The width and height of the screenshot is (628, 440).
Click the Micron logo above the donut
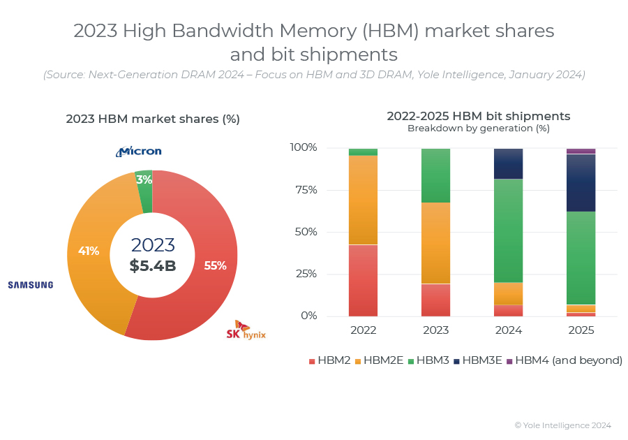(x=139, y=151)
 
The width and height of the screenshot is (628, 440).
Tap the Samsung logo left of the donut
(x=30, y=284)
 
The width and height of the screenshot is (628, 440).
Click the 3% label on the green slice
(x=144, y=179)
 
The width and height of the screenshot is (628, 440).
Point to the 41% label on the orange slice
(x=89, y=251)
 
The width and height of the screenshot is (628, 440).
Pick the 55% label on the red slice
(x=215, y=265)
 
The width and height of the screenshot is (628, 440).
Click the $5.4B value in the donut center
(x=153, y=265)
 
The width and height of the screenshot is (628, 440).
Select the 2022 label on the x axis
(x=363, y=330)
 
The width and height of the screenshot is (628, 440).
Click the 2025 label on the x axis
(x=581, y=330)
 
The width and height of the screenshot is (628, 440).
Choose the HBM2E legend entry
(x=379, y=360)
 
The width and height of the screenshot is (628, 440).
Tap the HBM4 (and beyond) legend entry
(x=564, y=360)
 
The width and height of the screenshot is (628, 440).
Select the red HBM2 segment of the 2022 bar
(x=363, y=280)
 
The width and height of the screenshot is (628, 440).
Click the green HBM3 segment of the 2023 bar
(x=435, y=175)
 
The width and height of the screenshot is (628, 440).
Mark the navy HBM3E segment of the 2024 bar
(x=508, y=163)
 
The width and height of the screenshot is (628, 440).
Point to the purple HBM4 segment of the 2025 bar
(x=581, y=151)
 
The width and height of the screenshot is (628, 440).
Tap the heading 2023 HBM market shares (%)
(x=153, y=119)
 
